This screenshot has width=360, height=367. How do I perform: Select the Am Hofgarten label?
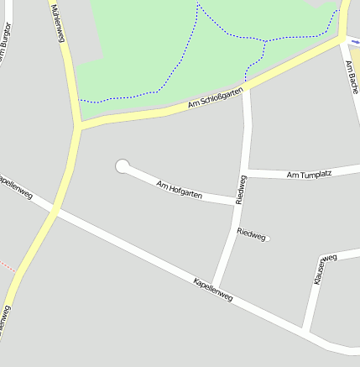pos(179,189)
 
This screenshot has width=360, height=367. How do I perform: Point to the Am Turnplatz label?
pos(309,175)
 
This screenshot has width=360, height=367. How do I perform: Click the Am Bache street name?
pos(352,77)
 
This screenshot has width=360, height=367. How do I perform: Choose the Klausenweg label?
pos(324,268)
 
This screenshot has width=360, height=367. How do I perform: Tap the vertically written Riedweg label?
pos(242,190)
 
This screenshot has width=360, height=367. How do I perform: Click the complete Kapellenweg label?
pos(212,289)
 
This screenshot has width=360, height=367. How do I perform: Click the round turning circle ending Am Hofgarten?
pos(123,166)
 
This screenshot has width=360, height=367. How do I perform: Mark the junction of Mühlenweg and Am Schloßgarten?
pos(79,125)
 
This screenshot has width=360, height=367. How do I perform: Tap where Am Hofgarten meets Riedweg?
pos(237,202)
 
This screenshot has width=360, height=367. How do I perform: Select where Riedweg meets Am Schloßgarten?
pos(246,87)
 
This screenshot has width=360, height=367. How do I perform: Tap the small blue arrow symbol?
pos(356,40)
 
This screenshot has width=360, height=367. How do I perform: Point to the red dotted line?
pos(7,267)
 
